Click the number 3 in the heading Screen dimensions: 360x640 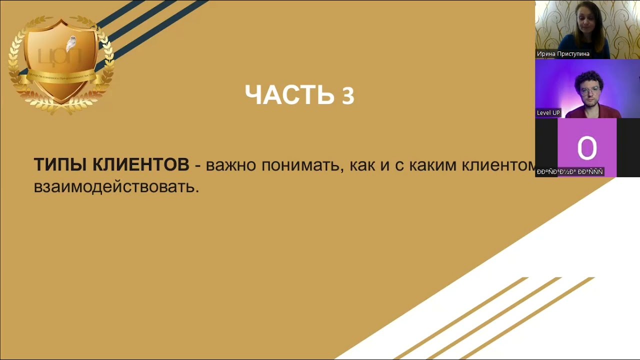(348, 96)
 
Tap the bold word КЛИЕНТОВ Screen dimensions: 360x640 (141, 165)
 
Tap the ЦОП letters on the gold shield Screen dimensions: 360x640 (59, 56)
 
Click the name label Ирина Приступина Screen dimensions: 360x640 (563, 53)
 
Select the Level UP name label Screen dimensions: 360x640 (548, 112)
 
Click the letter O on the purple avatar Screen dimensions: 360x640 (586, 148)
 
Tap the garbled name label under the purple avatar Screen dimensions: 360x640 (569, 171)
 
